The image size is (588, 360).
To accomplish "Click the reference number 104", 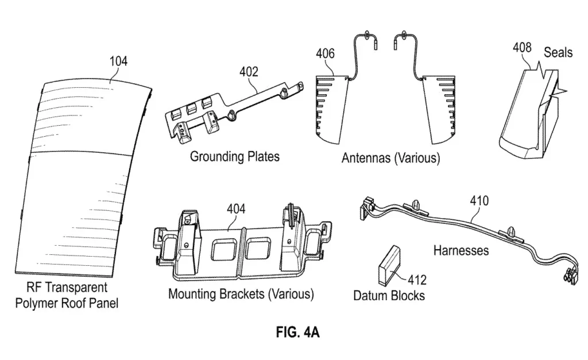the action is tap(118, 61).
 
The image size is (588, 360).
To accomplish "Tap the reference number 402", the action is tap(249, 71).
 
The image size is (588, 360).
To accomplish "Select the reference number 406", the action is tap(325, 53).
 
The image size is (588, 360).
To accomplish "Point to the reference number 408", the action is tap(523, 47).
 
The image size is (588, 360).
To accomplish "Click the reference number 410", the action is tap(479, 200).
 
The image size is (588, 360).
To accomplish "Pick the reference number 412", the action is tap(417, 280).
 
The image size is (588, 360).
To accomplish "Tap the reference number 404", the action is tap(236, 208).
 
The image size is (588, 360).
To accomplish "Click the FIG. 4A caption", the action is tap(298, 332).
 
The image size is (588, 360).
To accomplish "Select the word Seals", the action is tap(558, 52).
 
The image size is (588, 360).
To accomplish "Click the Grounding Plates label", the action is tap(235, 156).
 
